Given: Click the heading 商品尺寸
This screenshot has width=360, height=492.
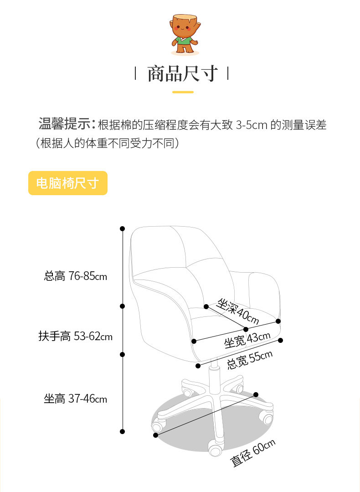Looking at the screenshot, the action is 182,73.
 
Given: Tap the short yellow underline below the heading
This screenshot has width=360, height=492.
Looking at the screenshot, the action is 183,92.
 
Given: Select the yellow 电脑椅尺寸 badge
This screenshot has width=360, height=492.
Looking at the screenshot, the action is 68,183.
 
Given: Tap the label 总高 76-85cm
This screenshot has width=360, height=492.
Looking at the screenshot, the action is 75,276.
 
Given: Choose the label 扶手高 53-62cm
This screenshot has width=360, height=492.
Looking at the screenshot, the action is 75,337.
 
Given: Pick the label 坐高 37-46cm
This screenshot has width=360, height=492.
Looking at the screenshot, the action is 75,399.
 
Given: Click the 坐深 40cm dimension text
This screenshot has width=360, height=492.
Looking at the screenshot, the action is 238,311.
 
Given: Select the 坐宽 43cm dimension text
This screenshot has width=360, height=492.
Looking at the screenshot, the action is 247,340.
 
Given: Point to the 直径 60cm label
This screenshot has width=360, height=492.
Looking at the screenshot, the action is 253,453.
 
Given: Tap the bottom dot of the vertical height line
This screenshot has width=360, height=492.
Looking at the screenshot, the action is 122,431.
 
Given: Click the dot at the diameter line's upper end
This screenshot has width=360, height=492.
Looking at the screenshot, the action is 256,394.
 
